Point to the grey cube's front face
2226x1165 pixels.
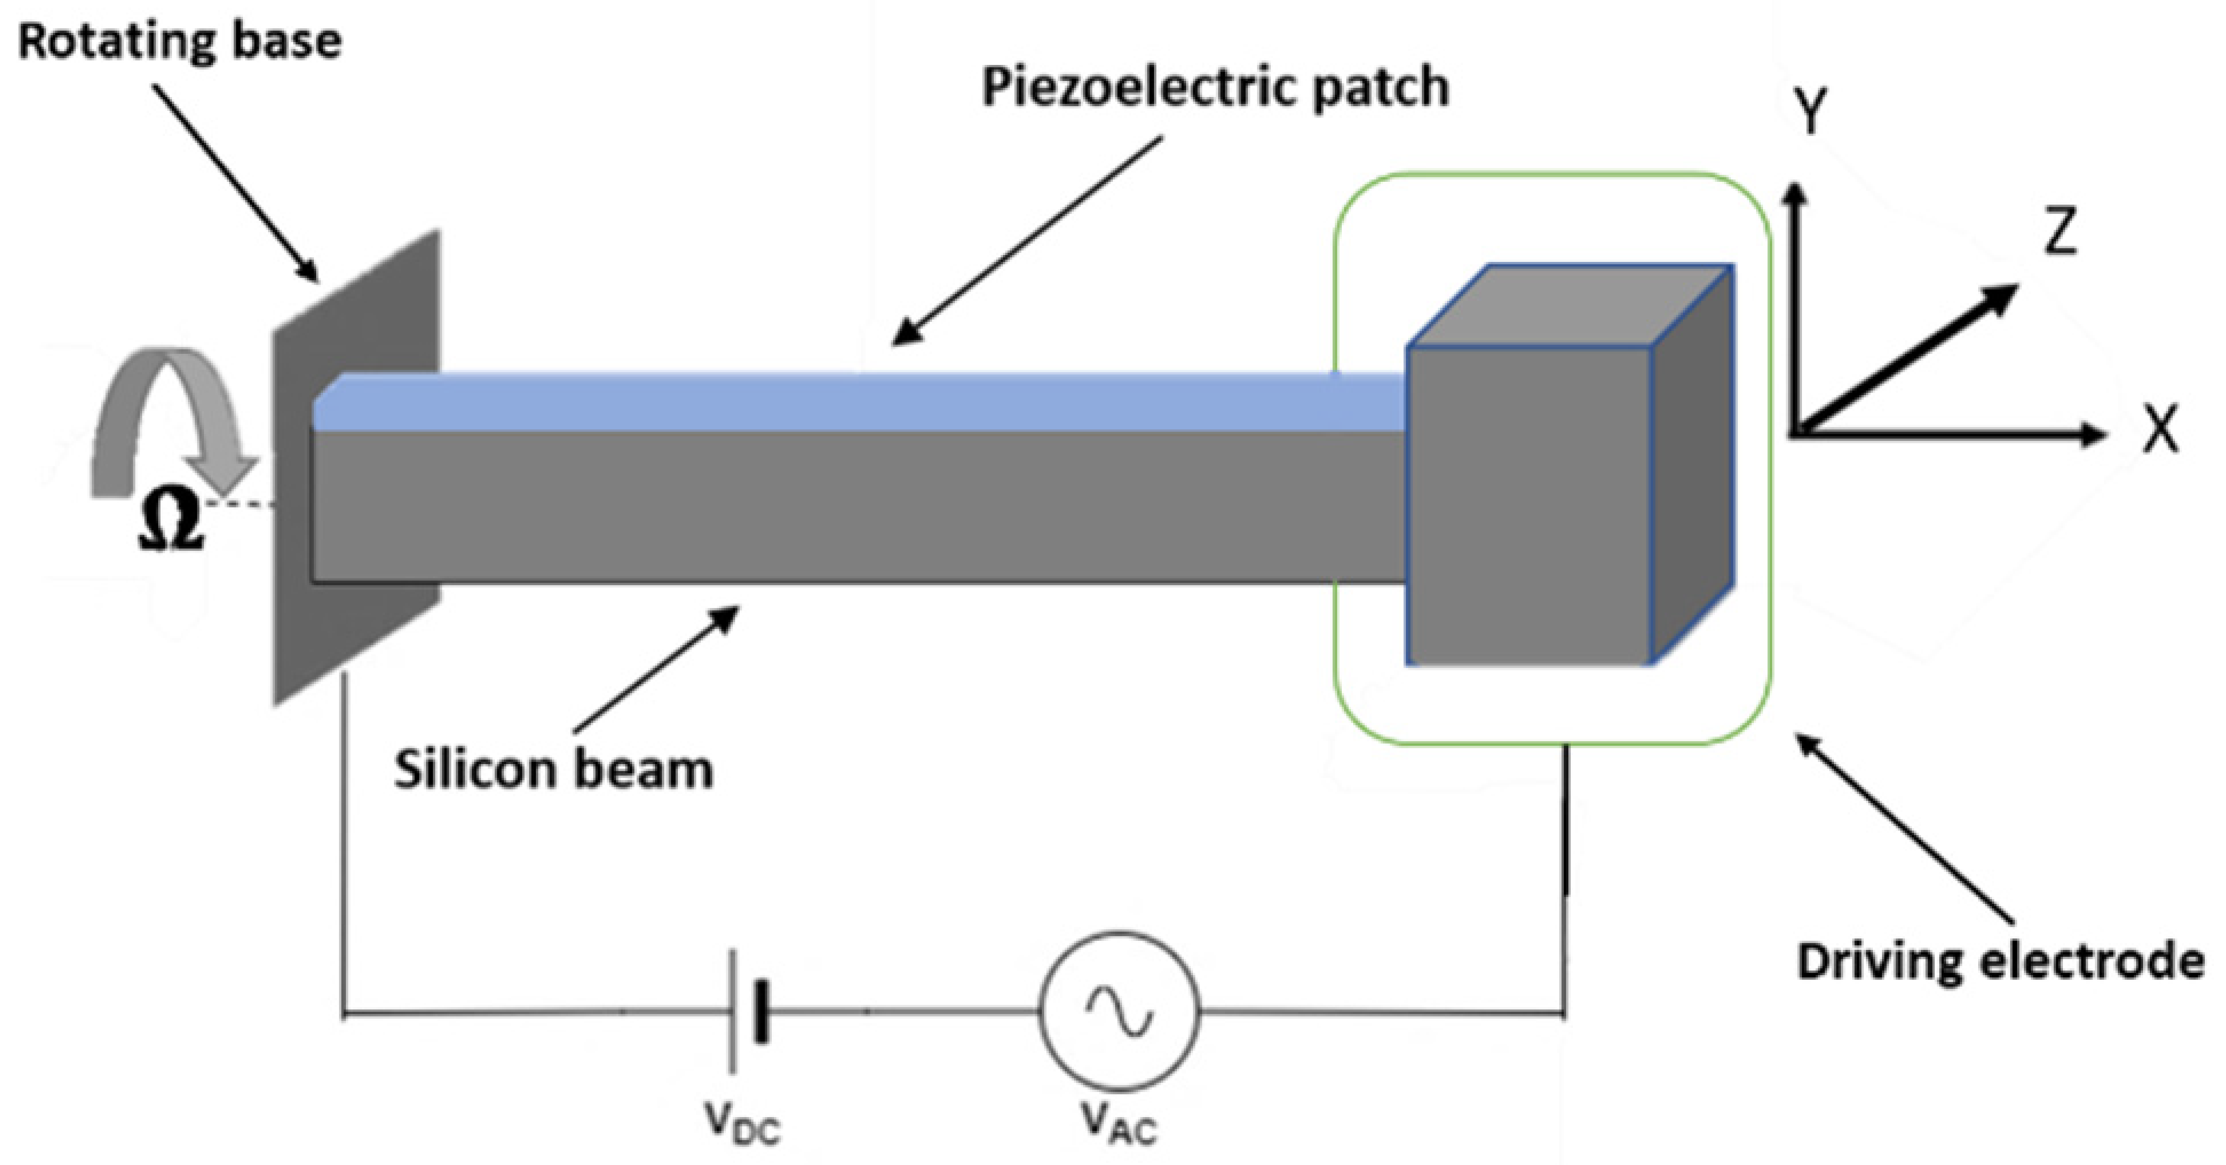coord(1528,506)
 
